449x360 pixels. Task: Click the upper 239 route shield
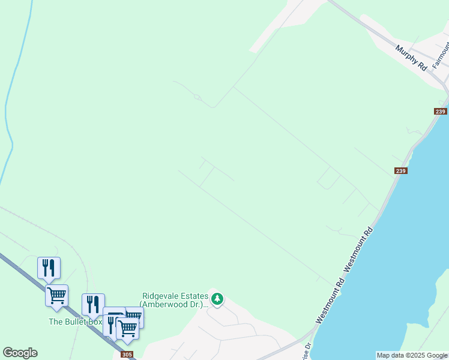pos(441,112)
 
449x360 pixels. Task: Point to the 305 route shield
pos(127,355)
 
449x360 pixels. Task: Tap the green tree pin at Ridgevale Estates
pos(217,298)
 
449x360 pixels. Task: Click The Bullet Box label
pos(76,322)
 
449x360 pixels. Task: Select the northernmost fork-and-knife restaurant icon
pos(49,267)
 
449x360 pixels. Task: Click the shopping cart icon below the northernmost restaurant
pos(56,295)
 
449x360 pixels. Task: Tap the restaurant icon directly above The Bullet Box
pos(93,304)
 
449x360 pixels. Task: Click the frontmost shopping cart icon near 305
pos(127,328)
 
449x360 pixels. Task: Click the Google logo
pos(20,353)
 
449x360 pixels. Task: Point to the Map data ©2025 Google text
pos(412,355)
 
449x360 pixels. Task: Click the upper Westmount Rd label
pos(360,247)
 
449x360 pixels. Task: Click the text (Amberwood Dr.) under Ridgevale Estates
pos(174,304)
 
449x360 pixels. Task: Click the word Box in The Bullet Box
pos(95,322)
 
